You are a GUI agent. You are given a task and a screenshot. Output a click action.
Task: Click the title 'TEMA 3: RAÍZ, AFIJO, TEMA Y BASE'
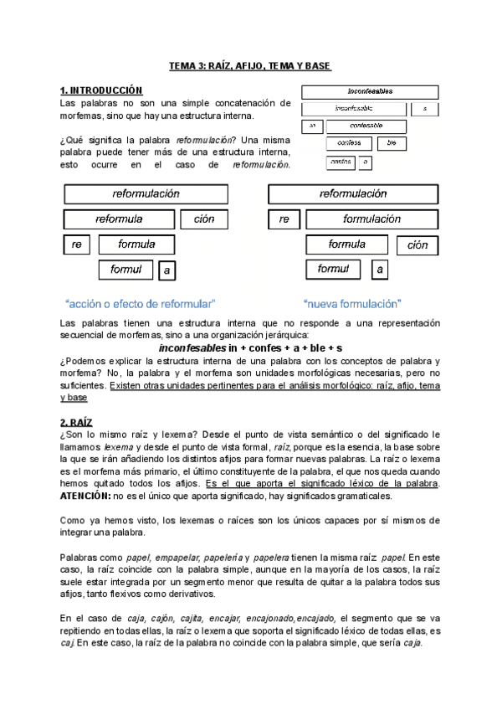click(x=250, y=65)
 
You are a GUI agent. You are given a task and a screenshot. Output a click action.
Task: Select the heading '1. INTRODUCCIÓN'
click(x=101, y=90)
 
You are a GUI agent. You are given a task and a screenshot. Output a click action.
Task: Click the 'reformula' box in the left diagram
click(x=119, y=219)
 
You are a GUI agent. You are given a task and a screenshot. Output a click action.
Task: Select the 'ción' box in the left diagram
click(x=204, y=219)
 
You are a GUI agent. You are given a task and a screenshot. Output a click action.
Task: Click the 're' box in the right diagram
click(x=284, y=219)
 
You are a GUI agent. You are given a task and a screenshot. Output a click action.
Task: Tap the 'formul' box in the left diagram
click(x=125, y=270)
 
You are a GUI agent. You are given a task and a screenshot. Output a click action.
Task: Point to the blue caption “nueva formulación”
click(x=352, y=303)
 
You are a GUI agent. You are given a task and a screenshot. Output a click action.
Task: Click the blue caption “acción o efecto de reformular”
click(x=141, y=303)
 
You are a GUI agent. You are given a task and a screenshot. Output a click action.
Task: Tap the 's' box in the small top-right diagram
click(x=425, y=109)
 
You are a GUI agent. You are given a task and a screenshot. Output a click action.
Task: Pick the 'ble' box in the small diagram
click(x=392, y=143)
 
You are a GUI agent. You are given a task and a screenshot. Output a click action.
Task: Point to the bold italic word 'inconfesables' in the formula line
click(x=192, y=347)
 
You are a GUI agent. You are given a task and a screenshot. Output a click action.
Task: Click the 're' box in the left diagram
click(x=76, y=245)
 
